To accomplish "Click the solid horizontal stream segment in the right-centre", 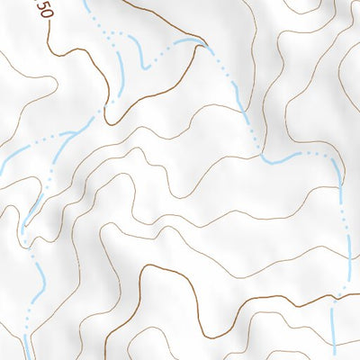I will pyautogui.click(x=283, y=157).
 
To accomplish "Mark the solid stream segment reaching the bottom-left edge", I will pyautogui.click(x=26, y=346).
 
